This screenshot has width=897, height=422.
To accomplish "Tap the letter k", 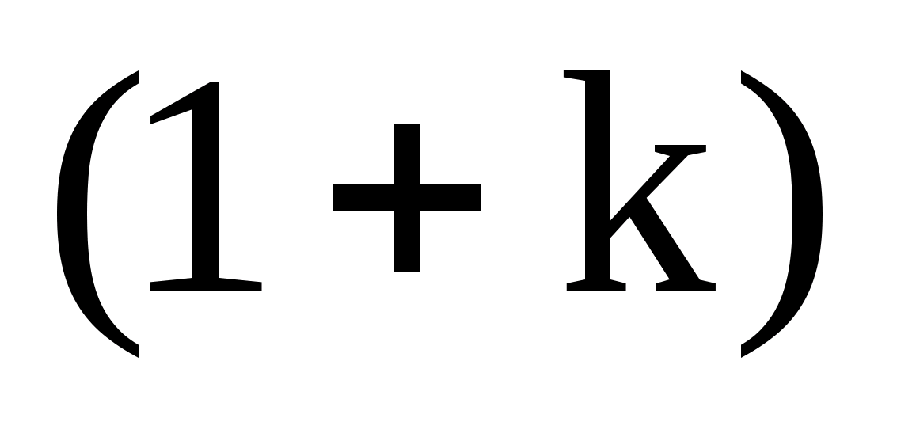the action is coord(633,190).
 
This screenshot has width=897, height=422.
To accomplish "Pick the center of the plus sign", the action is coord(407,197).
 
